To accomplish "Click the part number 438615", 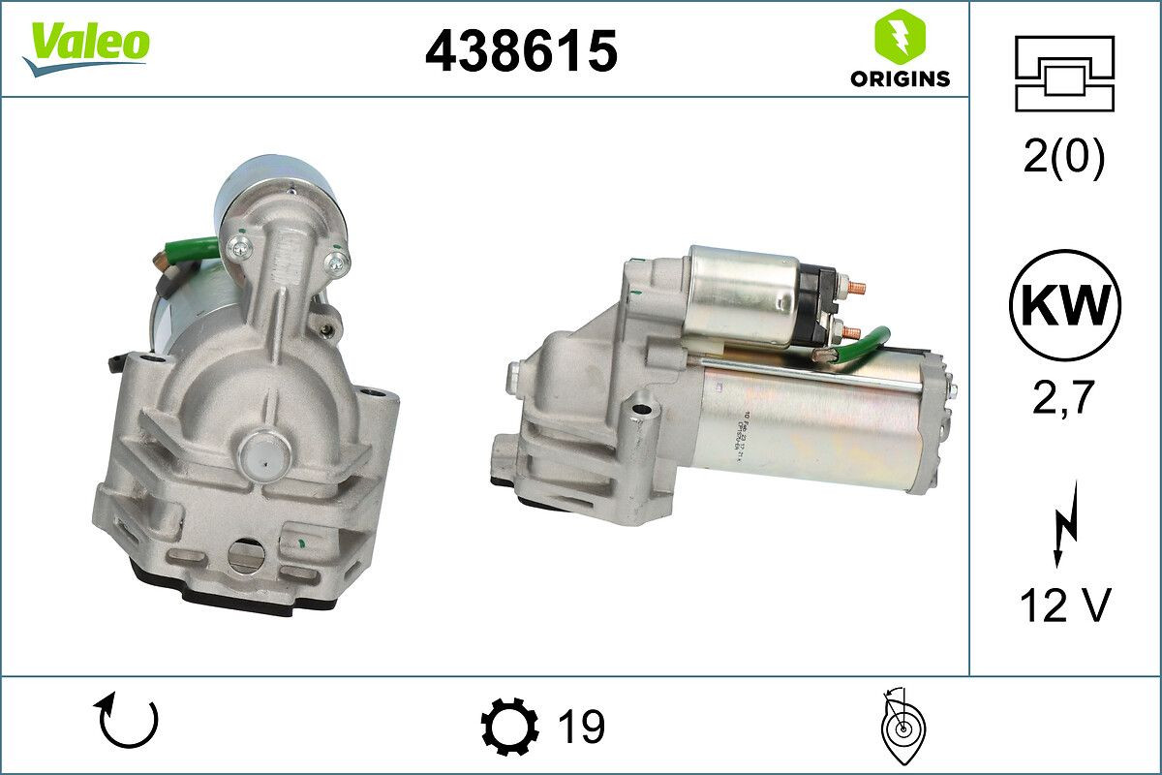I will (521, 50).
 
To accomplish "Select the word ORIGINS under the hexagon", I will (900, 79).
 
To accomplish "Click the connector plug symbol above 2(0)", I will (1064, 74).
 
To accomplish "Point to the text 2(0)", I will (1064, 159).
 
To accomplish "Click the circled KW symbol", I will (1064, 305).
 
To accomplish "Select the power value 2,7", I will (1064, 398).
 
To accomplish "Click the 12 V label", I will (1064, 607).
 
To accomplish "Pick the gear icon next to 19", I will (509, 726).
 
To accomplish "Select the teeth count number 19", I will (582, 726).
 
